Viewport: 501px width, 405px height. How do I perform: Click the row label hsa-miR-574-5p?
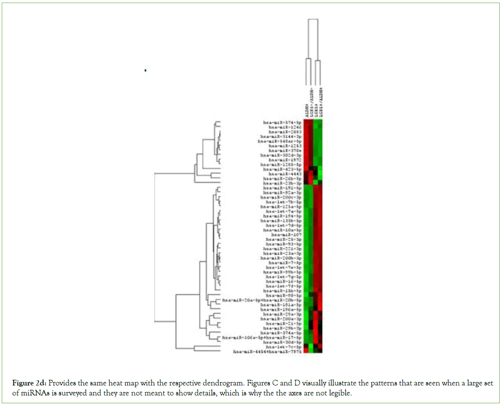282,122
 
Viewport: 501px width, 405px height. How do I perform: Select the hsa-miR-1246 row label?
285,127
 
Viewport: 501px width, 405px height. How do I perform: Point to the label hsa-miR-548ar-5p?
280,141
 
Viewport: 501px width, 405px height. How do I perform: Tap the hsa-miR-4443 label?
285,174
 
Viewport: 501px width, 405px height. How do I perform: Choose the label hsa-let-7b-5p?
284,202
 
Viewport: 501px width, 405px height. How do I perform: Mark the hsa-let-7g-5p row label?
284,277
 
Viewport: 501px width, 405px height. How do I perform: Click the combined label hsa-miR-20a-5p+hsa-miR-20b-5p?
262,300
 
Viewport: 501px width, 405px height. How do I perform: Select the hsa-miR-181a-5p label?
281,305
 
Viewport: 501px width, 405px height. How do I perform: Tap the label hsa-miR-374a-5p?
281,333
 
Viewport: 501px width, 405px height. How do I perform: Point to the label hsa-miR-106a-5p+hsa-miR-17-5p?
262,337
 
